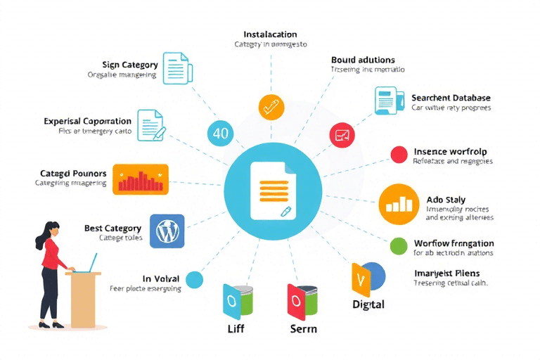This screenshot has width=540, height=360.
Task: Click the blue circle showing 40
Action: [220, 134]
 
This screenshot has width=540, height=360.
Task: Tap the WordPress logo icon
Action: [167, 231]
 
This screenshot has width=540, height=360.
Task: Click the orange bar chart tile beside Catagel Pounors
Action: [141, 179]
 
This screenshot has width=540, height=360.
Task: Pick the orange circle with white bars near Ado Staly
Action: [398, 204]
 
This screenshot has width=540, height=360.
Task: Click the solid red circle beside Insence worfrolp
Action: [399, 155]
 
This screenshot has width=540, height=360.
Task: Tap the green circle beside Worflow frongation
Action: [399, 245]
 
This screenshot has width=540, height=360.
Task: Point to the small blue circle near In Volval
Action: [194, 280]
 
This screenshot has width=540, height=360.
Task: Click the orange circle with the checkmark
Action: [271, 107]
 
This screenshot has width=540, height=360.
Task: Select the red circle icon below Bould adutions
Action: [342, 134]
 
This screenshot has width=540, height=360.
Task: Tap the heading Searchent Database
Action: [451, 98]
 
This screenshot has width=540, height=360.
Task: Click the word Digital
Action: [368, 304]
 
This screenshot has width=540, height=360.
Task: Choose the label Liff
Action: [236, 328]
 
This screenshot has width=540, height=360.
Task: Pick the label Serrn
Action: [303, 328]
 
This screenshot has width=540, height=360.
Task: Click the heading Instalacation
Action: [270, 34]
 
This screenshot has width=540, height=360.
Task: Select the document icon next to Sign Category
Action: [176, 68]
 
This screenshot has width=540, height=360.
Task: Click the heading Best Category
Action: [112, 229]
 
